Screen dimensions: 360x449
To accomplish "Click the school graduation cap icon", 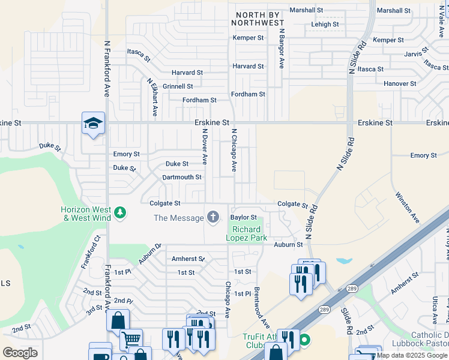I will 93,124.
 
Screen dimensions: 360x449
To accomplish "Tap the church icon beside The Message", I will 212,218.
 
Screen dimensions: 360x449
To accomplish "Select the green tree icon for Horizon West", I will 120,213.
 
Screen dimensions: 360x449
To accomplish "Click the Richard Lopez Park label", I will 246,233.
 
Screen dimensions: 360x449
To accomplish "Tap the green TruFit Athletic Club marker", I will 305,340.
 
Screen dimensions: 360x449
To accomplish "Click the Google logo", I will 20,352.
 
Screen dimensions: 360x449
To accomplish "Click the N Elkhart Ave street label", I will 152,96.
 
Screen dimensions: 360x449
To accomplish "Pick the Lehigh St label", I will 325,25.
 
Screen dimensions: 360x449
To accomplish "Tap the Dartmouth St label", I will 182,178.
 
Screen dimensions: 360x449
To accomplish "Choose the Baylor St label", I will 243,217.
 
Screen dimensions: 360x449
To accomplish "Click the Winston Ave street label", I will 406,207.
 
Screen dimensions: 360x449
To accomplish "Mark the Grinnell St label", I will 178,86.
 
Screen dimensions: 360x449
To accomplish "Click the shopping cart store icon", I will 130,339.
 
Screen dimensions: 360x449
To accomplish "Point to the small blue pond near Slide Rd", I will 344,261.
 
